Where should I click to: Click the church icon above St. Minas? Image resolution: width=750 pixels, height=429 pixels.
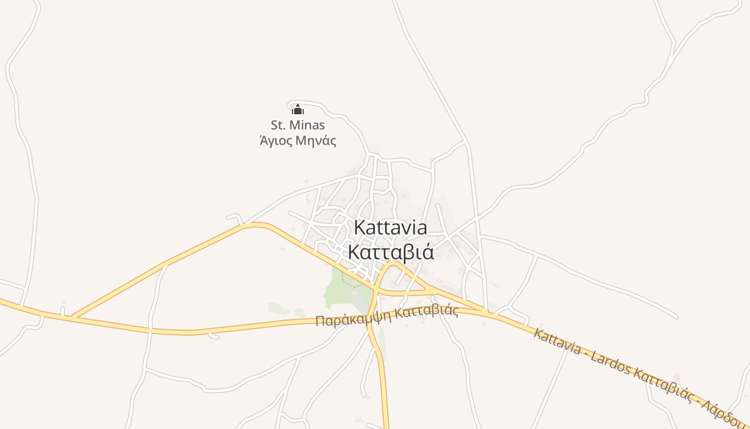(x=297, y=109)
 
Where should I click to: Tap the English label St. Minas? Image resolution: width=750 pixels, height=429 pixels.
(x=298, y=125)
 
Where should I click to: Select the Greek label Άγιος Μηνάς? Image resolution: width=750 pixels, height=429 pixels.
(x=298, y=141)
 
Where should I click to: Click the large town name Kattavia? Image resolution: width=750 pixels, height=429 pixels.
(x=391, y=227)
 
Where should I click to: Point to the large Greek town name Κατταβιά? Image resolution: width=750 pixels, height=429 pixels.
(x=391, y=252)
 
